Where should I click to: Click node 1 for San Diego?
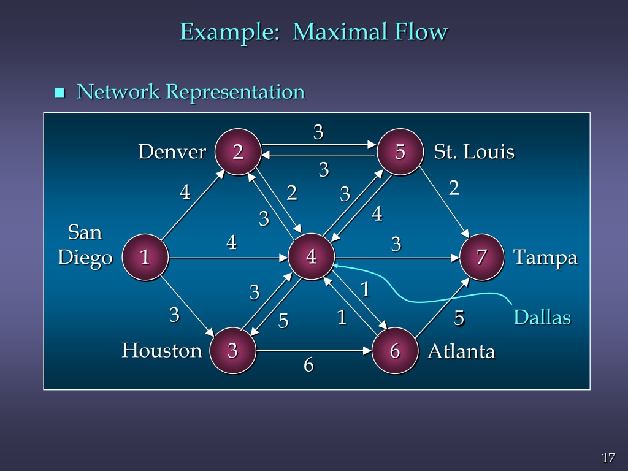coord(145,257)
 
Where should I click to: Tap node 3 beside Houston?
coord(232,351)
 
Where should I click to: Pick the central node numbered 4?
coord(312,257)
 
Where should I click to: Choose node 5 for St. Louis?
coord(400,151)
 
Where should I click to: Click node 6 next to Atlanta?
coord(395,351)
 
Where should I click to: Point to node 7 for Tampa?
coord(482,257)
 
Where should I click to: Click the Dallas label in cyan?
coord(542,318)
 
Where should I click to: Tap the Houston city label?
coord(161,351)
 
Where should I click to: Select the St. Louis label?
coord(473,151)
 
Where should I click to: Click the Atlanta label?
coord(461,351)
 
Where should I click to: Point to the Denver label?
coord(172,151)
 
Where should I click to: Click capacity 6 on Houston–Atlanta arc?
coord(308,366)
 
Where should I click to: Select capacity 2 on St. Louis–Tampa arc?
coord(454,188)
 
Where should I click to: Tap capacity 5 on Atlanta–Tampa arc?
coord(459,318)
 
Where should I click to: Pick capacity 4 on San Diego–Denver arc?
coord(185,193)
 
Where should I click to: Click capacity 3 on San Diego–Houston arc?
coord(175,315)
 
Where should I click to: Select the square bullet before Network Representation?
coord(59,93)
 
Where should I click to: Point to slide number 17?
coord(608,458)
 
